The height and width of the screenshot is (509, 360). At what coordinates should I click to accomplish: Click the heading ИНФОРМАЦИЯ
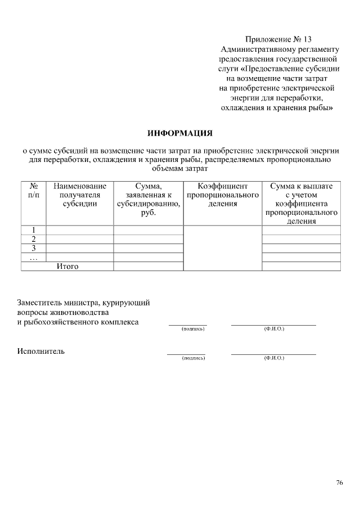click(x=180, y=133)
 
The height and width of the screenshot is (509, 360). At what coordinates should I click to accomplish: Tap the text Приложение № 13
click(x=278, y=39)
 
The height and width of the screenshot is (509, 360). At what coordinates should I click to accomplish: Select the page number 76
click(x=339, y=483)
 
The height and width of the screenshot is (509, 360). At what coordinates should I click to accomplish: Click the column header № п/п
click(x=33, y=190)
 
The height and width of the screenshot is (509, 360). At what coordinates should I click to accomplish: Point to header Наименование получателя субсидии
click(x=79, y=195)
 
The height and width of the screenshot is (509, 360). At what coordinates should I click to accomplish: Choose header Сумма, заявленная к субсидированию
click(x=148, y=199)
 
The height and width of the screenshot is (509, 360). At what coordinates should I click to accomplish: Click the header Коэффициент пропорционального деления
click(x=222, y=195)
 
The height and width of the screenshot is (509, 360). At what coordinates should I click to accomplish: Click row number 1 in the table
click(x=33, y=229)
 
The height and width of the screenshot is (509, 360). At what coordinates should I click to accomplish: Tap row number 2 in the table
click(x=33, y=238)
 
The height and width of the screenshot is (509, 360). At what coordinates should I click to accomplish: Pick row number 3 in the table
click(x=33, y=247)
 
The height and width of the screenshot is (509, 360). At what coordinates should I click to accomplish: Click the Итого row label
click(x=67, y=266)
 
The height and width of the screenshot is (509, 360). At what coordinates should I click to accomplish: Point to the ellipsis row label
click(x=33, y=257)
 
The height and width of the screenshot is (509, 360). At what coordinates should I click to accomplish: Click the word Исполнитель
click(x=40, y=352)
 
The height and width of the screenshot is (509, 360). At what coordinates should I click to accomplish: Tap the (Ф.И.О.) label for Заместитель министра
click(x=274, y=328)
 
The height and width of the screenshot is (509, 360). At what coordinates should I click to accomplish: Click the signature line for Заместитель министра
click(x=187, y=325)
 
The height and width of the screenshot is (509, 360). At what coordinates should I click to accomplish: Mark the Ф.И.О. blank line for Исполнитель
click(x=273, y=354)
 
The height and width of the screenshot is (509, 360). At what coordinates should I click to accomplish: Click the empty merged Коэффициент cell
click(x=222, y=247)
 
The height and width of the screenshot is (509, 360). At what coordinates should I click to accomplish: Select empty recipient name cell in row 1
click(x=79, y=229)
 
